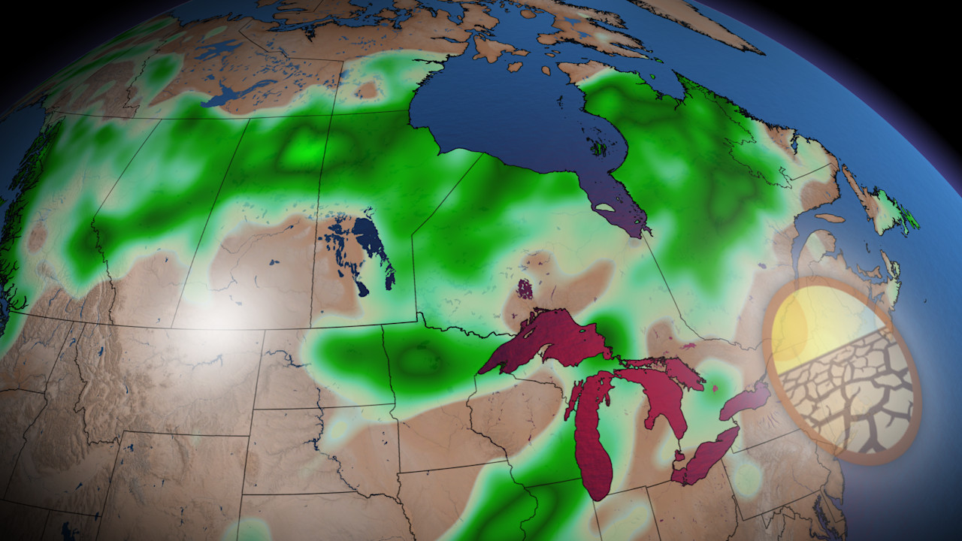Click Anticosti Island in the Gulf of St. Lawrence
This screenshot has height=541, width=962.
coord(829,218)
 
